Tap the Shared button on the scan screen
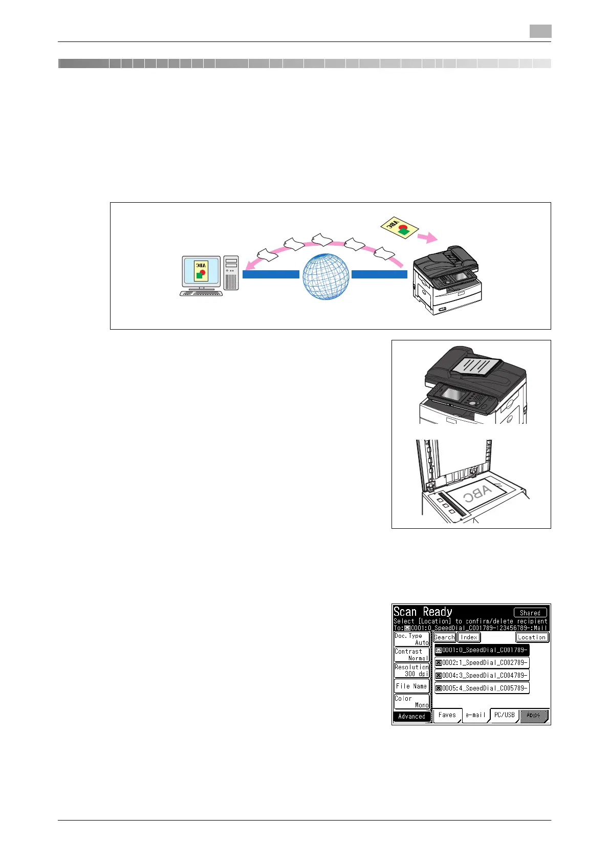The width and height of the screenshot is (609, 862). click(x=530, y=612)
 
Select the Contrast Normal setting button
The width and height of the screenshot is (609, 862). click(x=411, y=655)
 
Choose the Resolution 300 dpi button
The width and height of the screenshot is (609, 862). click(x=411, y=671)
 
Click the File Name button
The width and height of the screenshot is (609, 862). click(x=411, y=686)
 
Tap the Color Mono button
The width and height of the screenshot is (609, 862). click(x=411, y=701)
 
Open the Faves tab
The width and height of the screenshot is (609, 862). click(x=447, y=715)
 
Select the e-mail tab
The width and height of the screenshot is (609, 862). click(x=475, y=715)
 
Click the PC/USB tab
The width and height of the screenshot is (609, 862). click(x=504, y=715)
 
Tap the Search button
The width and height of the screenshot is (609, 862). click(x=444, y=637)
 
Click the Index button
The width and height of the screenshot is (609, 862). click(x=468, y=637)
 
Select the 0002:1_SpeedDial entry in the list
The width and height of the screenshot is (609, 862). click(x=482, y=662)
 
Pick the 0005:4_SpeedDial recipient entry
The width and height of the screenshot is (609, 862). click(x=482, y=688)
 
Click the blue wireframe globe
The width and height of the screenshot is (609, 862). click(x=326, y=276)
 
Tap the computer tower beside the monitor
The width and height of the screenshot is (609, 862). click(x=231, y=273)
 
